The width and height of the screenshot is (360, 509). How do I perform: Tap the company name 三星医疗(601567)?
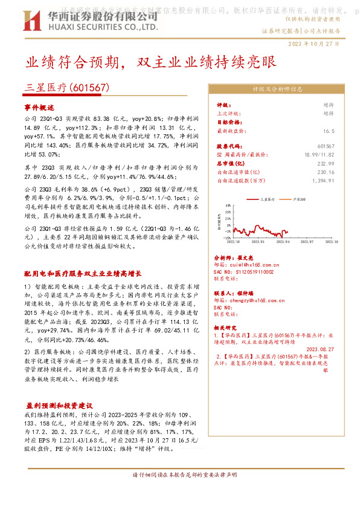(x=67, y=88)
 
